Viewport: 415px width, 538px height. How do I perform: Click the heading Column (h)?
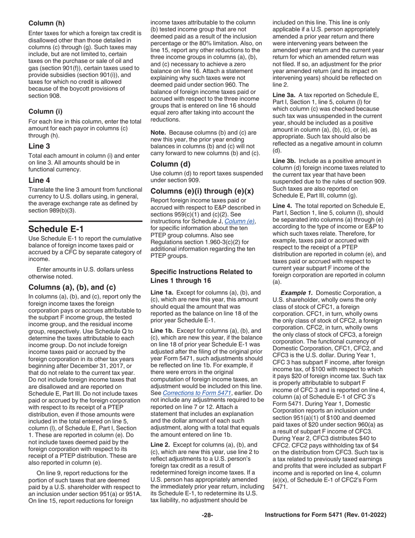pos(47,23)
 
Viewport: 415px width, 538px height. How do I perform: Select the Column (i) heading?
pos(45,111)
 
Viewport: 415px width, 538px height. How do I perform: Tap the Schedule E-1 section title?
pos(56,229)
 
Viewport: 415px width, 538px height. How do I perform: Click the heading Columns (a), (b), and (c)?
pos(72,287)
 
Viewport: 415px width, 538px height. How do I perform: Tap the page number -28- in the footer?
pos(207,515)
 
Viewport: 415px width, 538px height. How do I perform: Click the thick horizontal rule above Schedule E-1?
pos(85,221)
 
